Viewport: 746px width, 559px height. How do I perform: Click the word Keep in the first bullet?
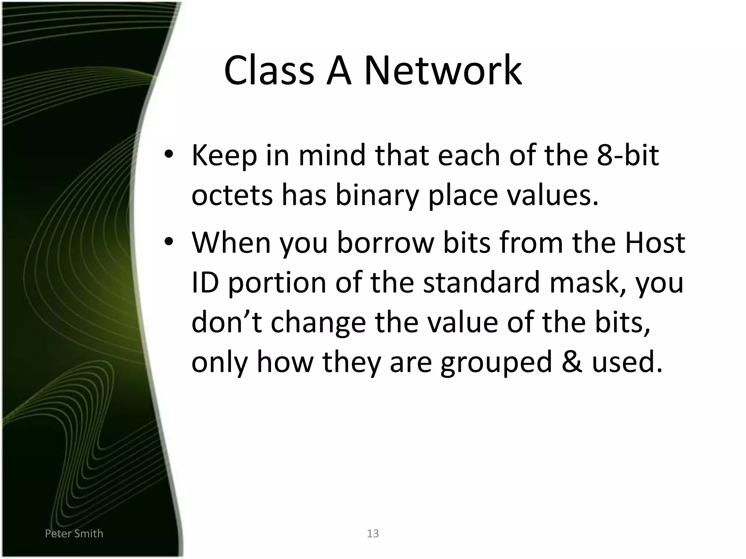pos(224,156)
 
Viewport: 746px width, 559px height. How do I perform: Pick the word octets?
pos(232,195)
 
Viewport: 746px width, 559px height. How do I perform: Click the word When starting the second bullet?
pos(231,242)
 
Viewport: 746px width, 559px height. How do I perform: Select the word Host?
pos(655,242)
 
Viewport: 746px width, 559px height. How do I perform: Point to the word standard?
pos(481,282)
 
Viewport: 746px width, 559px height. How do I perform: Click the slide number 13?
pos(373,534)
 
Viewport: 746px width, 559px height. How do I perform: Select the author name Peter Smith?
pos(74,534)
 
